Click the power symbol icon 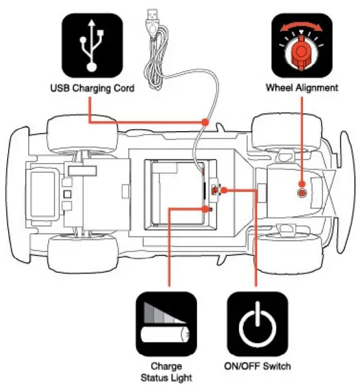tap(258, 324)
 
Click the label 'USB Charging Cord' tap(93, 88)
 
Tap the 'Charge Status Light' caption tap(166, 372)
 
